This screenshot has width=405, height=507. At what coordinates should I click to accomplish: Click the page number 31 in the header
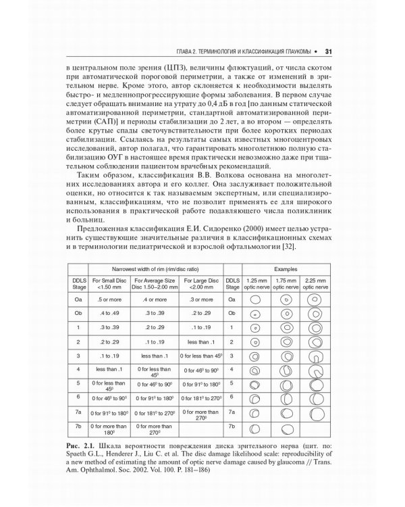(x=327, y=49)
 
